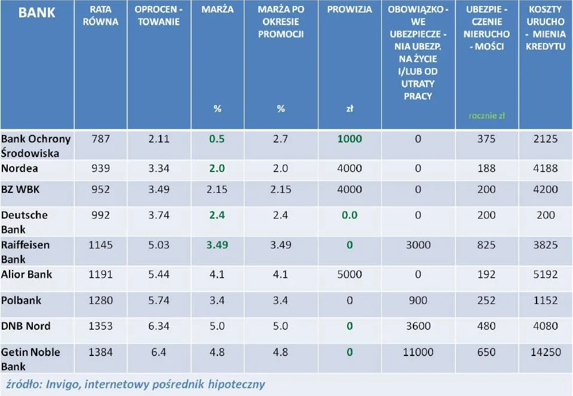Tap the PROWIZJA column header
coord(350,10)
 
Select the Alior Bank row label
coord(27,274)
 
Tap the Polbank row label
coord(22,300)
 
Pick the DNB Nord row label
coord(26,326)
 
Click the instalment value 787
coord(100,139)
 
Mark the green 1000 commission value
coord(350,139)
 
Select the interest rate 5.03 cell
coord(158,245)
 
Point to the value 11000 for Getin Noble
coord(418,352)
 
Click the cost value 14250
coord(546,352)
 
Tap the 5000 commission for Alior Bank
coord(350,275)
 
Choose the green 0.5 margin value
coord(216,139)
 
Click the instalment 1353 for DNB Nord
coord(100,326)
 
